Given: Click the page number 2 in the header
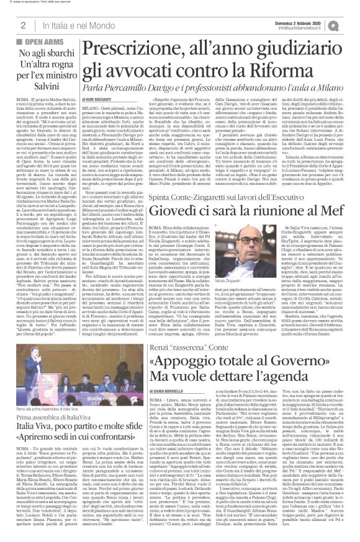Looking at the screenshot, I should pyautogui.click(x=22, y=25).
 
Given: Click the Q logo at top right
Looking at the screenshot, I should pyautogui.click(x=350, y=25).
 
